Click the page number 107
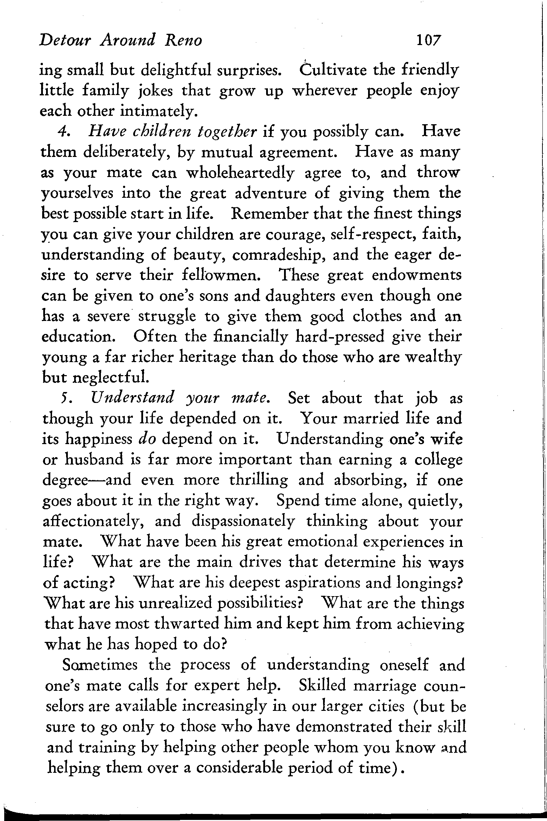(428, 40)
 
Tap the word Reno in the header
(183, 40)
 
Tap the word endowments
(416, 276)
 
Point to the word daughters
(309, 296)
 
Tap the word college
(438, 460)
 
